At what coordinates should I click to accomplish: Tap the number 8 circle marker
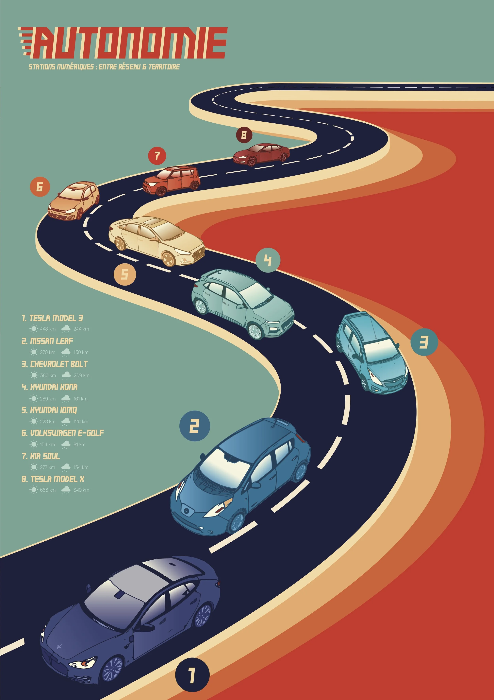pos(244,135)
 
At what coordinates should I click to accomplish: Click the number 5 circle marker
pos(125,274)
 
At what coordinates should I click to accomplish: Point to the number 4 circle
pos(268,260)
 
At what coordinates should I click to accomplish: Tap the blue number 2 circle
pos(194,426)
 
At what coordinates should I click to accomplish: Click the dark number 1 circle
pos(192,675)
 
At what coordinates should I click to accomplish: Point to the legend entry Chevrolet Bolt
pos(55,364)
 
